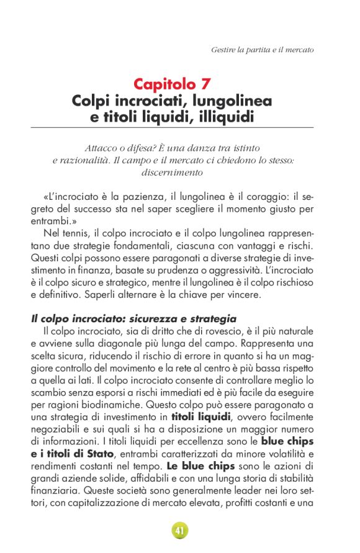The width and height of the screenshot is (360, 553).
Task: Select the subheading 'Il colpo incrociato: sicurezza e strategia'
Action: click(133, 318)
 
